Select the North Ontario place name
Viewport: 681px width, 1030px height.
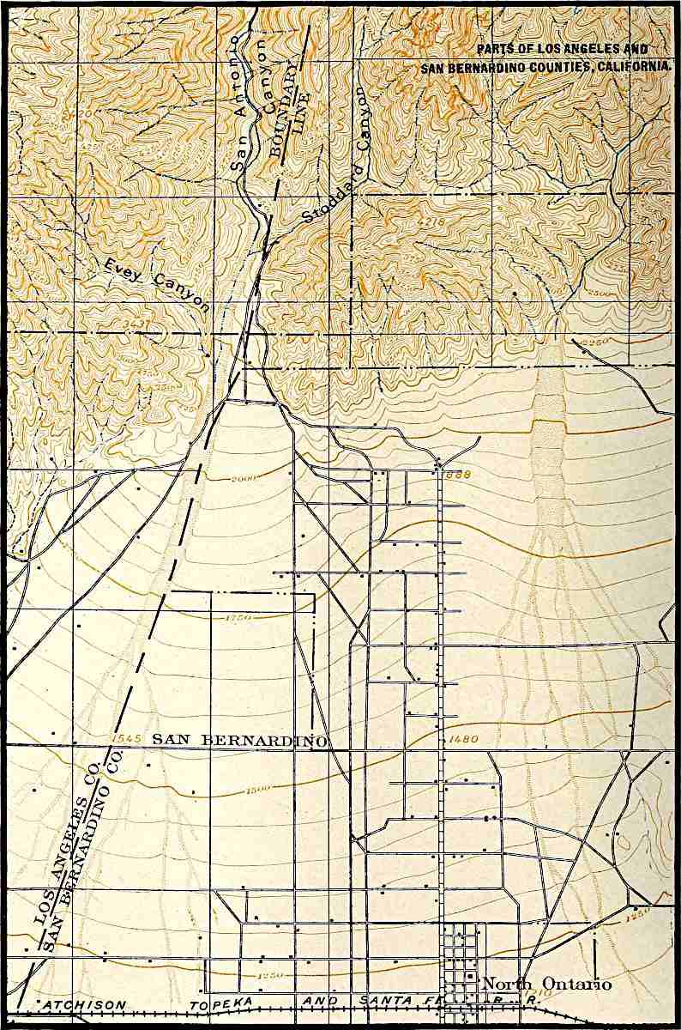click(547, 985)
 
